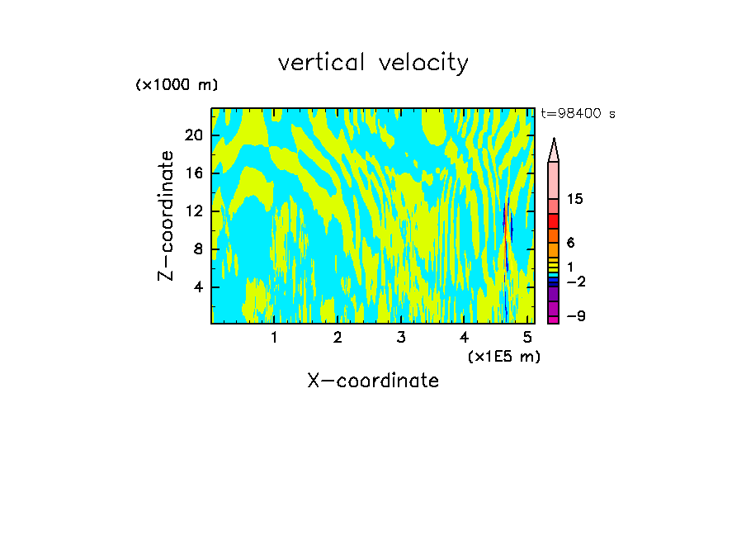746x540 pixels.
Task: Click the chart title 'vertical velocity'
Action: coord(373,63)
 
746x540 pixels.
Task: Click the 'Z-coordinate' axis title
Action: coord(167,216)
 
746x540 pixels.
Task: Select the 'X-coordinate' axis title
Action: coord(373,381)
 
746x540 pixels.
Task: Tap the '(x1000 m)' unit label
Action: coord(177,85)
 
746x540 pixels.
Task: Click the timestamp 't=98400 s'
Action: coord(578,114)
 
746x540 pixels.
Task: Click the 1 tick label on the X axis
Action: coord(274,337)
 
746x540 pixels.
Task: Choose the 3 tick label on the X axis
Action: coord(401,337)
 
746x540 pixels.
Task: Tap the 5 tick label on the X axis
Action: coord(527,337)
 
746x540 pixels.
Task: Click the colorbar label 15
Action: coord(575,200)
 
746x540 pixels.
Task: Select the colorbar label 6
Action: coord(570,243)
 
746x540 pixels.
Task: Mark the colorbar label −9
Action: coord(575,316)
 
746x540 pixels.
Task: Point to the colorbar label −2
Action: coord(575,282)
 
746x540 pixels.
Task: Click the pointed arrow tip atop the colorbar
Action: coord(554,148)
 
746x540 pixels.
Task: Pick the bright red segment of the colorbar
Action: coord(554,221)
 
